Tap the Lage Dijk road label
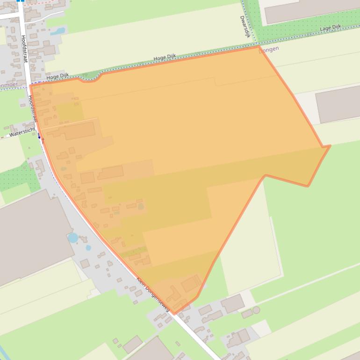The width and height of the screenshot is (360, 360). pos(331,29)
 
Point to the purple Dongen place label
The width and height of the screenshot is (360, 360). pos(269,49)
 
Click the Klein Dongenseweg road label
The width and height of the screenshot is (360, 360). pos(152,295)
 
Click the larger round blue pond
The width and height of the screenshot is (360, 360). pos(73,238)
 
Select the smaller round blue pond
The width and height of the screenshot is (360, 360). pos(88,248)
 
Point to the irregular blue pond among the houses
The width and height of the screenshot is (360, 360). pos(58,31)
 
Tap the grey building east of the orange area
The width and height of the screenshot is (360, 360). pos(338,103)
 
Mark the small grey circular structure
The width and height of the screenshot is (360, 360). pos(256,310)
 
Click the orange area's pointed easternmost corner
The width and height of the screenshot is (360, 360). pos(330,146)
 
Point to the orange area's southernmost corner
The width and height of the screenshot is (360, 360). pos(174,314)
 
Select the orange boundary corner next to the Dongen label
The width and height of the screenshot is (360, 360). pos(258,46)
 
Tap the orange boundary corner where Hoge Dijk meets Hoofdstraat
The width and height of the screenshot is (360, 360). pos(30,85)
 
